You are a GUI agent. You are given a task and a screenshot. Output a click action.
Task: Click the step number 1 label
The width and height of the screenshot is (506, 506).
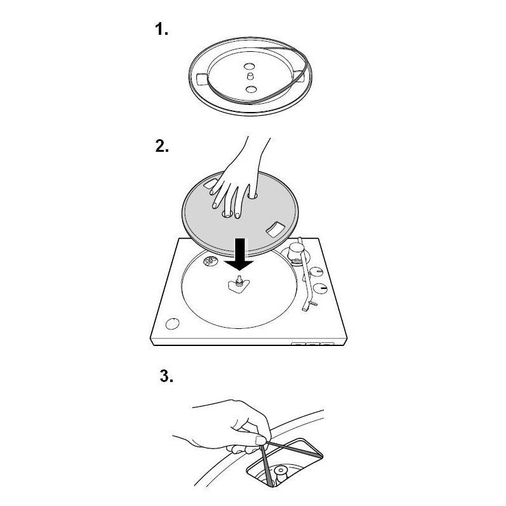pyautogui.click(x=161, y=29)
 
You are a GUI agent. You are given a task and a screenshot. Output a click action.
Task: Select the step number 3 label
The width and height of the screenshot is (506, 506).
pyautogui.click(x=166, y=376)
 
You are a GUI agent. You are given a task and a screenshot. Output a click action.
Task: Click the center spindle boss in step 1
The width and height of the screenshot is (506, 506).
pyautogui.click(x=249, y=76)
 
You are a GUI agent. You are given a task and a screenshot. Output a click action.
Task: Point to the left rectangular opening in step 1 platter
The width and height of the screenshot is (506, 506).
pyautogui.click(x=202, y=78)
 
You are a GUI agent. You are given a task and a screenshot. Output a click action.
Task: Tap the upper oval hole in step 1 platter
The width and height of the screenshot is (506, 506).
pyautogui.click(x=249, y=67)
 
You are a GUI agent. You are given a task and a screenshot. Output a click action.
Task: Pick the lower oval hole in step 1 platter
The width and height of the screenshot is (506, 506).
pyautogui.click(x=250, y=89)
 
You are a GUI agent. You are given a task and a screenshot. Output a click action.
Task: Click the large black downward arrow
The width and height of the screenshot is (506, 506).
pyautogui.click(x=240, y=254)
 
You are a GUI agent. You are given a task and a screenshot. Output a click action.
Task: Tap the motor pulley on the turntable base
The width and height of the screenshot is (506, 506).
pyautogui.click(x=209, y=260)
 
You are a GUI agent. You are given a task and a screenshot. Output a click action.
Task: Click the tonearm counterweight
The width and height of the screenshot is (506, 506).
pyautogui.click(x=295, y=250)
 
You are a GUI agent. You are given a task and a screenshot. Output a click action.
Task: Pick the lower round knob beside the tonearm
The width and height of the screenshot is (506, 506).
pyautogui.click(x=320, y=288)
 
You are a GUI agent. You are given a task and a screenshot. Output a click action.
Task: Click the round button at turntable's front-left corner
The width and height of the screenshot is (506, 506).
pyautogui.click(x=172, y=324)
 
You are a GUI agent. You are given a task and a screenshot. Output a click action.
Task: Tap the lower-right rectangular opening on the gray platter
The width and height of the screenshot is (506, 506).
pyautogui.click(x=275, y=228)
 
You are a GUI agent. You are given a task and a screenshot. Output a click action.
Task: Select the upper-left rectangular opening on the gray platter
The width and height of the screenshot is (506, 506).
pyautogui.click(x=211, y=183)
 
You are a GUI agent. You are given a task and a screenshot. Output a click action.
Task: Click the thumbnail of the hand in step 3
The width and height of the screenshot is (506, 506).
pyautogui.click(x=261, y=440)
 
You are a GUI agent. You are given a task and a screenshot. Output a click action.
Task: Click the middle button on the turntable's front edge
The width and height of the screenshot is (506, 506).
pyautogui.click(x=312, y=343)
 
